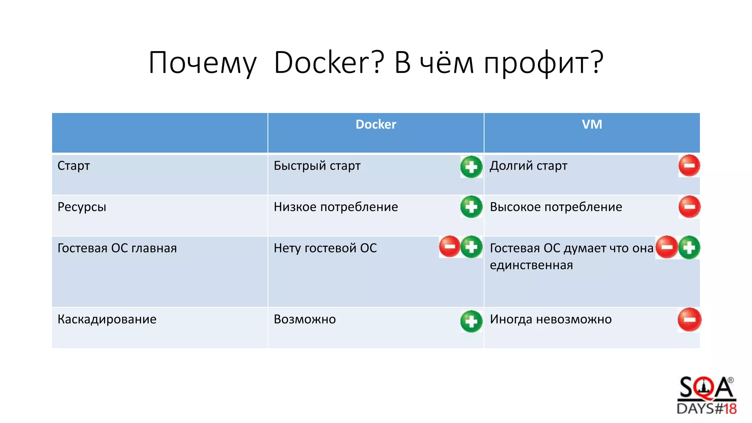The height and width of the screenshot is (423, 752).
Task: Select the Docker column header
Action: tap(376, 124)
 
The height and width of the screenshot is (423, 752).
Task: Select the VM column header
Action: tap(592, 124)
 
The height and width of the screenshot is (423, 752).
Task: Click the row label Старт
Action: tap(73, 166)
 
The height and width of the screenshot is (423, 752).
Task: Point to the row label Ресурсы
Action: tap(82, 207)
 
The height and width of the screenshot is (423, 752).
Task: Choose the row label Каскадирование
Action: tap(107, 319)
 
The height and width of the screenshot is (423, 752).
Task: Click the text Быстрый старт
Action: tap(317, 166)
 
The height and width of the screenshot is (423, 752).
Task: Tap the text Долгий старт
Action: tap(528, 166)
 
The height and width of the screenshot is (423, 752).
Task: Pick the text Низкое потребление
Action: tap(336, 207)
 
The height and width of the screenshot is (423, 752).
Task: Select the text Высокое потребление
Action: tap(556, 207)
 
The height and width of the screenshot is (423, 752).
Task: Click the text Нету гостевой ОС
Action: tap(325, 248)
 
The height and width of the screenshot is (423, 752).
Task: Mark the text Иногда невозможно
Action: tap(550, 319)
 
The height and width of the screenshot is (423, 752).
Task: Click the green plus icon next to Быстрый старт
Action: tap(471, 167)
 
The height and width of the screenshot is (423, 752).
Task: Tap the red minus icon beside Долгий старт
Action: tap(689, 166)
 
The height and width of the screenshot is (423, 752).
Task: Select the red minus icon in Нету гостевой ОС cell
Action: tap(449, 246)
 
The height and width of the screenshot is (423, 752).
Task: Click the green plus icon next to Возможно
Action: tap(471, 322)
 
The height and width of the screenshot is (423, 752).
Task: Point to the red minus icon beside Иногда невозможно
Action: tap(689, 319)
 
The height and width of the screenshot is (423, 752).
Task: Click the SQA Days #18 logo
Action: tap(706, 396)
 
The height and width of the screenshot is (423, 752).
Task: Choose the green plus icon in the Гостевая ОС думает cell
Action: tap(689, 247)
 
